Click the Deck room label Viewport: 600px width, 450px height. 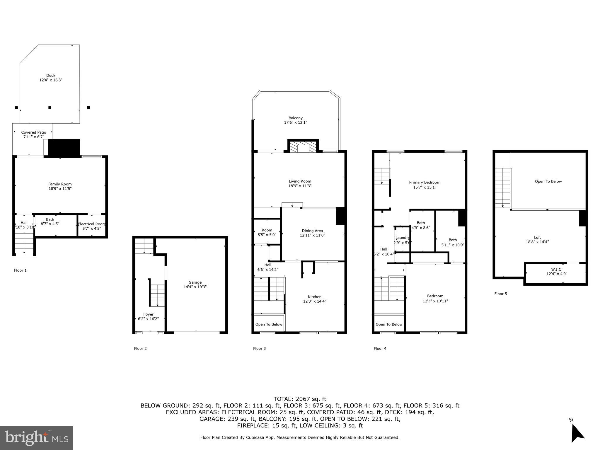pos(51,76)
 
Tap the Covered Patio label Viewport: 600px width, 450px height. pos(34,132)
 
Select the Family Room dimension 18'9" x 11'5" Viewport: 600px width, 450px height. pos(60,189)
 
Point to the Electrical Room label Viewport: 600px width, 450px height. pos(91,224)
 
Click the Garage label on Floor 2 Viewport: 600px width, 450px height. pos(195,282)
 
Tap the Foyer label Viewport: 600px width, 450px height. pos(148,314)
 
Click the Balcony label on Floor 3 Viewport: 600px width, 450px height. pos(295,118)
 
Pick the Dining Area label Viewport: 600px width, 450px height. pos(312,231)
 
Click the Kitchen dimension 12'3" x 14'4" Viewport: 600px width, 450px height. pos(314,301)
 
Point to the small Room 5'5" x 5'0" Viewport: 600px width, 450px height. pos(267,232)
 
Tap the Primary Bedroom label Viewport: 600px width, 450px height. pos(425,183)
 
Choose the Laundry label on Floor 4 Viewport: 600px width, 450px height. pos(402,238)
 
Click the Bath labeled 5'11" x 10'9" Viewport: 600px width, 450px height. pos(453,242)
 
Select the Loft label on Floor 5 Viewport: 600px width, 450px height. pos(537,238)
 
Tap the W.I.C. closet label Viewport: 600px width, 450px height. pos(555,270)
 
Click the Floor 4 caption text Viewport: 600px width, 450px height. pos(380,348)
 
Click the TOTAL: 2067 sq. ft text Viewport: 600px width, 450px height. pos(300,399)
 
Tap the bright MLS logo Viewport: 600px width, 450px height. pos(37,438)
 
